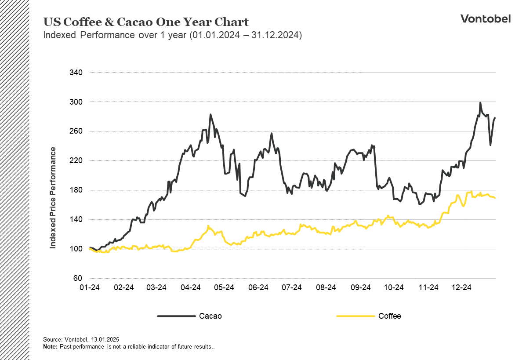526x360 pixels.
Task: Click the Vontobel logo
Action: (x=485, y=18)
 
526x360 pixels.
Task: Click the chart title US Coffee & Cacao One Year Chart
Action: (x=146, y=22)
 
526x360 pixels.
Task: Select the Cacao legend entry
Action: (x=210, y=316)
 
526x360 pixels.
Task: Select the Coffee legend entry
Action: (x=389, y=316)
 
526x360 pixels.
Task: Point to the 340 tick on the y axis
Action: (x=76, y=73)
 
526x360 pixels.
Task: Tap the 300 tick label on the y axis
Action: (x=76, y=102)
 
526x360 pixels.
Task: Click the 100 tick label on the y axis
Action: (x=76, y=249)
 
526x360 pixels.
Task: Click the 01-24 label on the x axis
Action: (x=90, y=287)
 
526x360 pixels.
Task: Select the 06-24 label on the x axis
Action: (x=258, y=287)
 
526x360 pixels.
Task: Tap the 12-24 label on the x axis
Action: (x=461, y=287)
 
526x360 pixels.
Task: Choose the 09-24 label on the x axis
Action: (x=360, y=287)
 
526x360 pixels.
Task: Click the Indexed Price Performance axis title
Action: (x=53, y=198)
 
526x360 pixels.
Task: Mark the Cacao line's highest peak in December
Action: (x=480, y=103)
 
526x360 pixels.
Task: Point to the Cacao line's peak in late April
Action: (x=210, y=114)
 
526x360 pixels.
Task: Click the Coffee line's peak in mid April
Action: (x=208, y=226)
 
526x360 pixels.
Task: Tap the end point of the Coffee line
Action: (x=495, y=198)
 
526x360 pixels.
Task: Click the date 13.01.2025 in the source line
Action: (x=105, y=340)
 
